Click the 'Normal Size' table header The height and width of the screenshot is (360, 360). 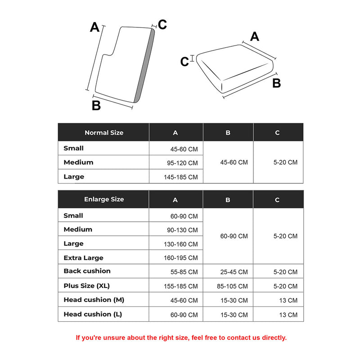[104, 133]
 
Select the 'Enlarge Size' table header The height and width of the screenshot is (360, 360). [104, 199]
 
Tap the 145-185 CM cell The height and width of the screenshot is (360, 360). [180, 177]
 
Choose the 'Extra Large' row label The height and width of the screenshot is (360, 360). [84, 258]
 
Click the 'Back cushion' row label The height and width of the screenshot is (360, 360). [87, 271]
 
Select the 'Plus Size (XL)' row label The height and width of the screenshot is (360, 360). [87, 286]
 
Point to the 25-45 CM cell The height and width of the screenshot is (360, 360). [234, 272]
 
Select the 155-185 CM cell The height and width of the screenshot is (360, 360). [180, 286]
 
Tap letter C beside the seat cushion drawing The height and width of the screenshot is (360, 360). [184, 61]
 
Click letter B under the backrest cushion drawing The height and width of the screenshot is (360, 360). [96, 106]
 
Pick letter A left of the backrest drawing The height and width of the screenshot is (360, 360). [94, 27]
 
